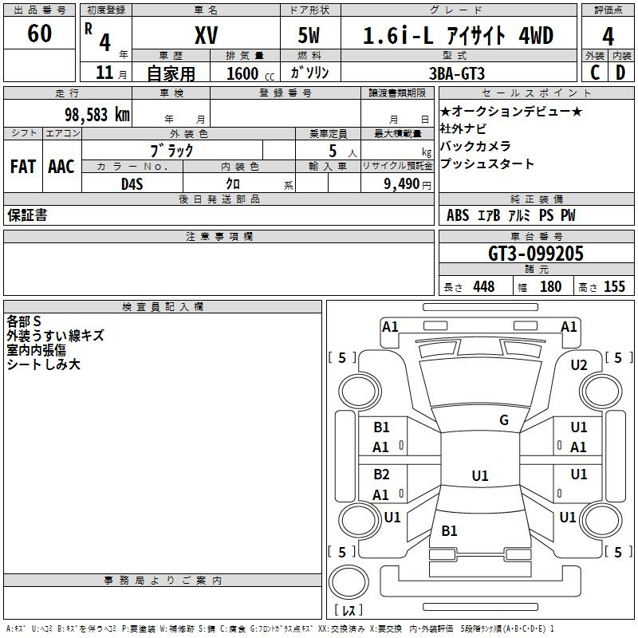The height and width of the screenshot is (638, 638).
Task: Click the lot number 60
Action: (39, 34)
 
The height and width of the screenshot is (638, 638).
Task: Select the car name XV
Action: (206, 36)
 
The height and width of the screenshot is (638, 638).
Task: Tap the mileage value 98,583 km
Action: (96, 114)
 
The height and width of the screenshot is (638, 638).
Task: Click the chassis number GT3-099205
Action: (536, 254)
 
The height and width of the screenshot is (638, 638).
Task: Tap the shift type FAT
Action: (23, 167)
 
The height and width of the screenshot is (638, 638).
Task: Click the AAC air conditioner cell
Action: (61, 167)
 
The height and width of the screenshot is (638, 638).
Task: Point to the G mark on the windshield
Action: (503, 420)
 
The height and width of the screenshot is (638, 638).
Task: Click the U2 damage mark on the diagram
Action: (579, 365)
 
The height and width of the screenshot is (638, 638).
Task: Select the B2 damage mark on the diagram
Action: (381, 475)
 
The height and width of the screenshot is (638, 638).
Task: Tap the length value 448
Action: (483, 287)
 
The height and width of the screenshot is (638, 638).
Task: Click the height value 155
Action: (614, 287)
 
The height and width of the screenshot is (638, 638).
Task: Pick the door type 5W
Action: (310, 36)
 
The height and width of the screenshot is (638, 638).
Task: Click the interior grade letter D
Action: (620, 73)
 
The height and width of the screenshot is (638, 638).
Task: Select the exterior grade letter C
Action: (594, 73)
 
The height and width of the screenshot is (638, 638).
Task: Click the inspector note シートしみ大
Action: (43, 365)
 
